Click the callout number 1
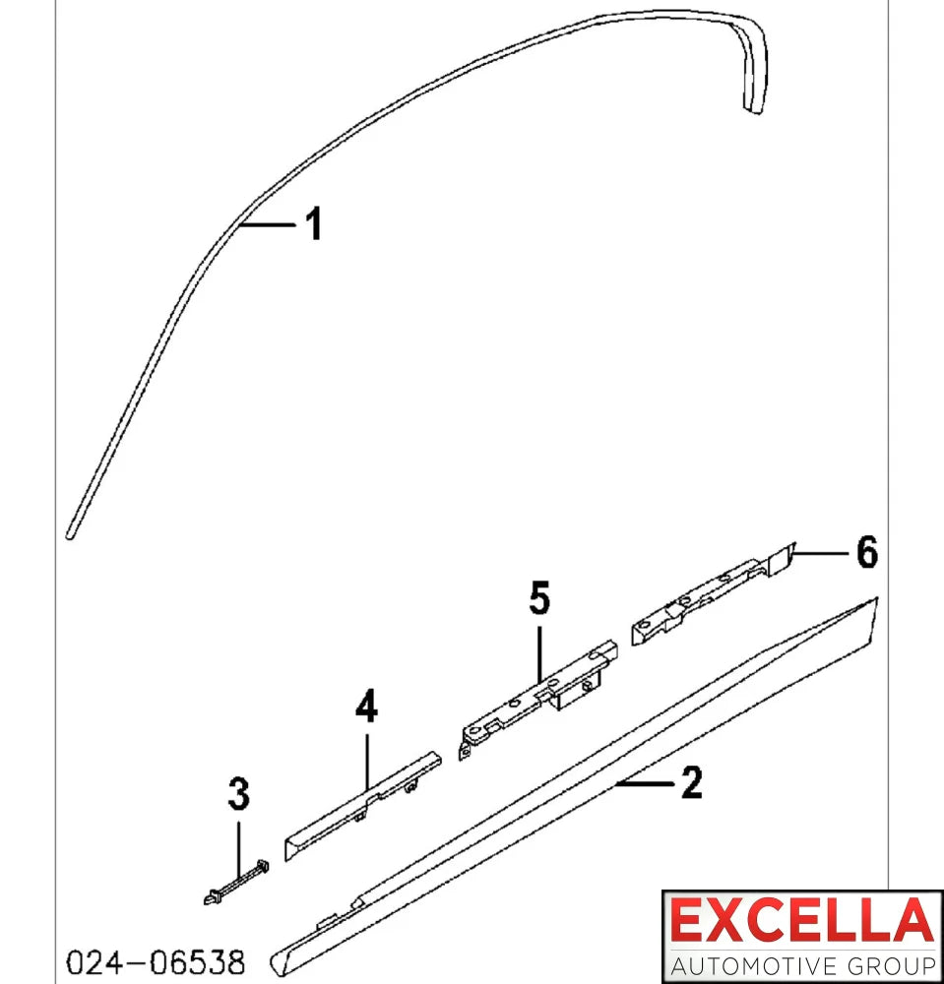(x=314, y=223)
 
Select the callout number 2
(x=692, y=782)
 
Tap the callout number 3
(x=238, y=793)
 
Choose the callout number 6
(x=867, y=552)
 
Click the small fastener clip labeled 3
(x=236, y=883)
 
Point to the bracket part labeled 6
(x=713, y=593)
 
